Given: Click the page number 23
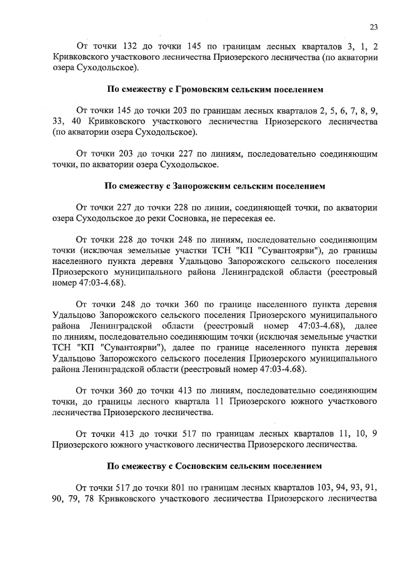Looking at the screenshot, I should [373, 26].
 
